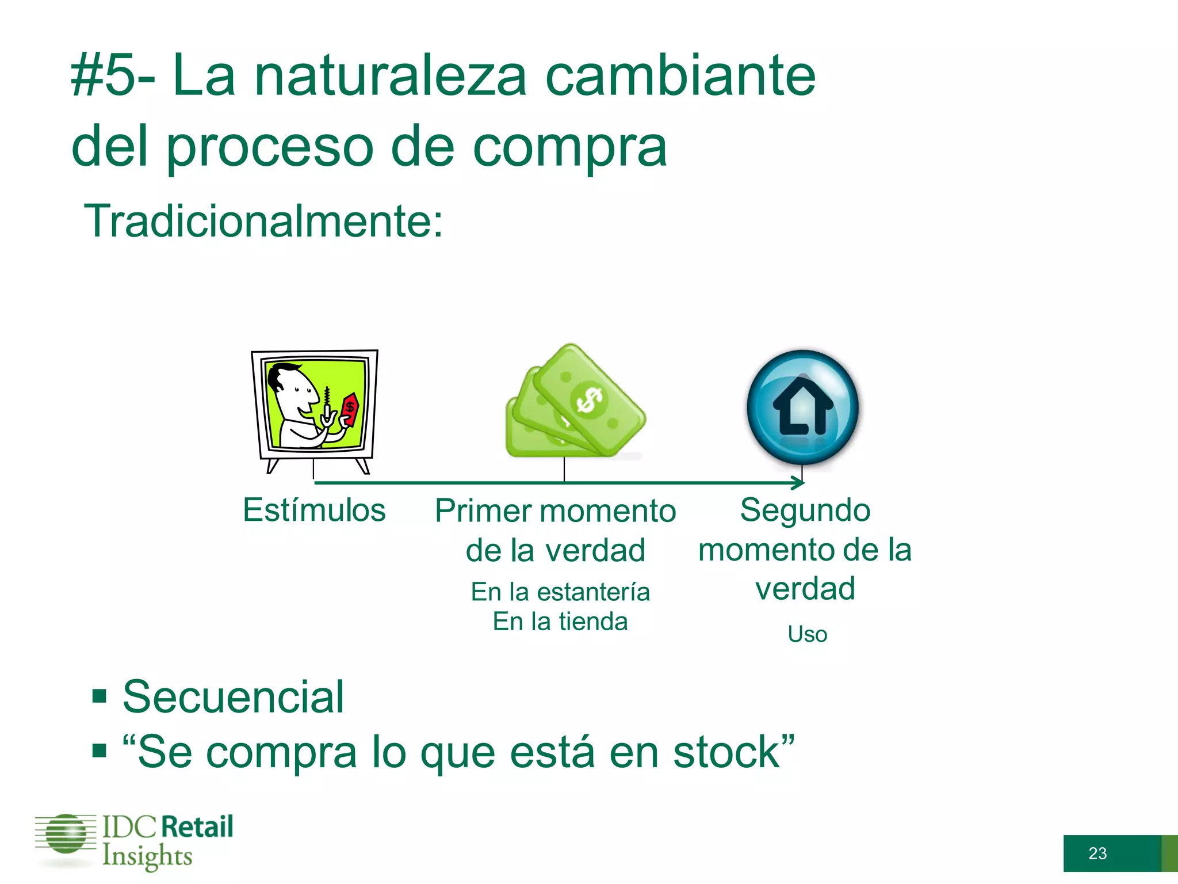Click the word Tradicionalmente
263,222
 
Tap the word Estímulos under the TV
314,510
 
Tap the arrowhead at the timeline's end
798,483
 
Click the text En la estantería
560,592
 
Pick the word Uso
808,634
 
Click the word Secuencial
233,697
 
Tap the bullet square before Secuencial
100,696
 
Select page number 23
1097,853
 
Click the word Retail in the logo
197,827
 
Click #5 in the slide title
104,77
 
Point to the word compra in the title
569,147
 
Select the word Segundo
805,510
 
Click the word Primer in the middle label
483,511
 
